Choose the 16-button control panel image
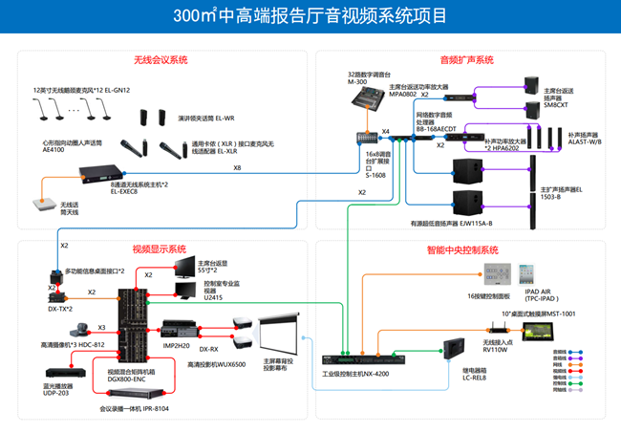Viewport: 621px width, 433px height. click(x=497, y=275)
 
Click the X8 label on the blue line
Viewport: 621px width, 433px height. click(x=237, y=169)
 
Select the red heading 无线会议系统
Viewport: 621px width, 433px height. click(x=161, y=60)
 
